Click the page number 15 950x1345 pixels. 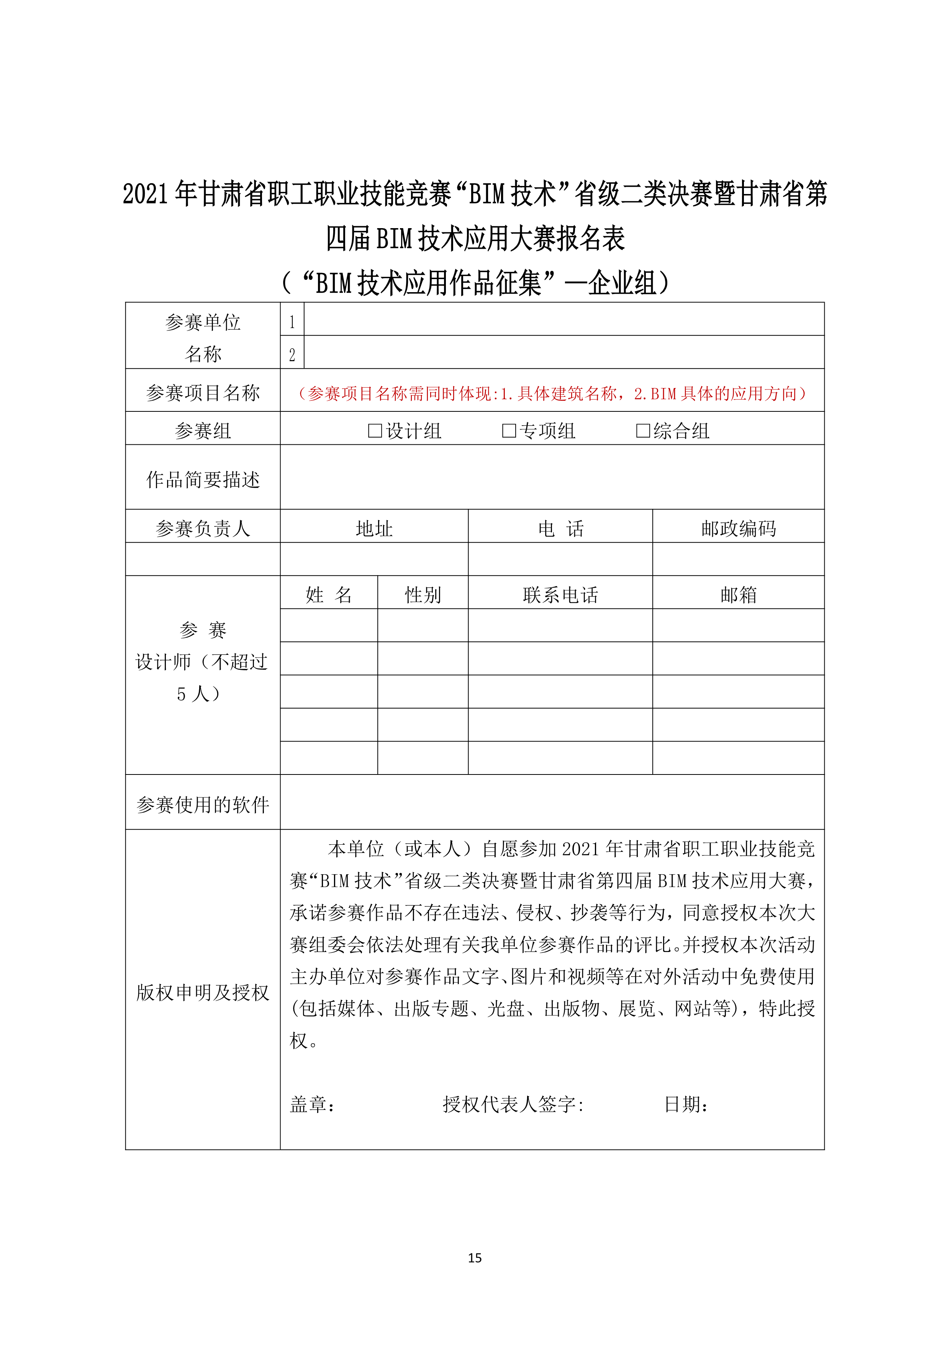click(x=475, y=1258)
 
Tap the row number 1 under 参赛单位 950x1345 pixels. click(x=292, y=322)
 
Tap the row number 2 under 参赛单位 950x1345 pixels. click(x=292, y=354)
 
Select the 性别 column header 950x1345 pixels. click(x=423, y=595)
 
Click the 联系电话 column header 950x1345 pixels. click(x=560, y=595)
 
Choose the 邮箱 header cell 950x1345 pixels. click(x=738, y=595)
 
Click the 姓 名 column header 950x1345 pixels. click(x=329, y=595)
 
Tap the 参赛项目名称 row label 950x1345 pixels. click(x=203, y=393)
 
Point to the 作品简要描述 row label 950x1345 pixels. click(x=203, y=480)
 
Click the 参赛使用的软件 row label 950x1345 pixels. click(x=203, y=805)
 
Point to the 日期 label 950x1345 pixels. click(x=686, y=1104)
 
